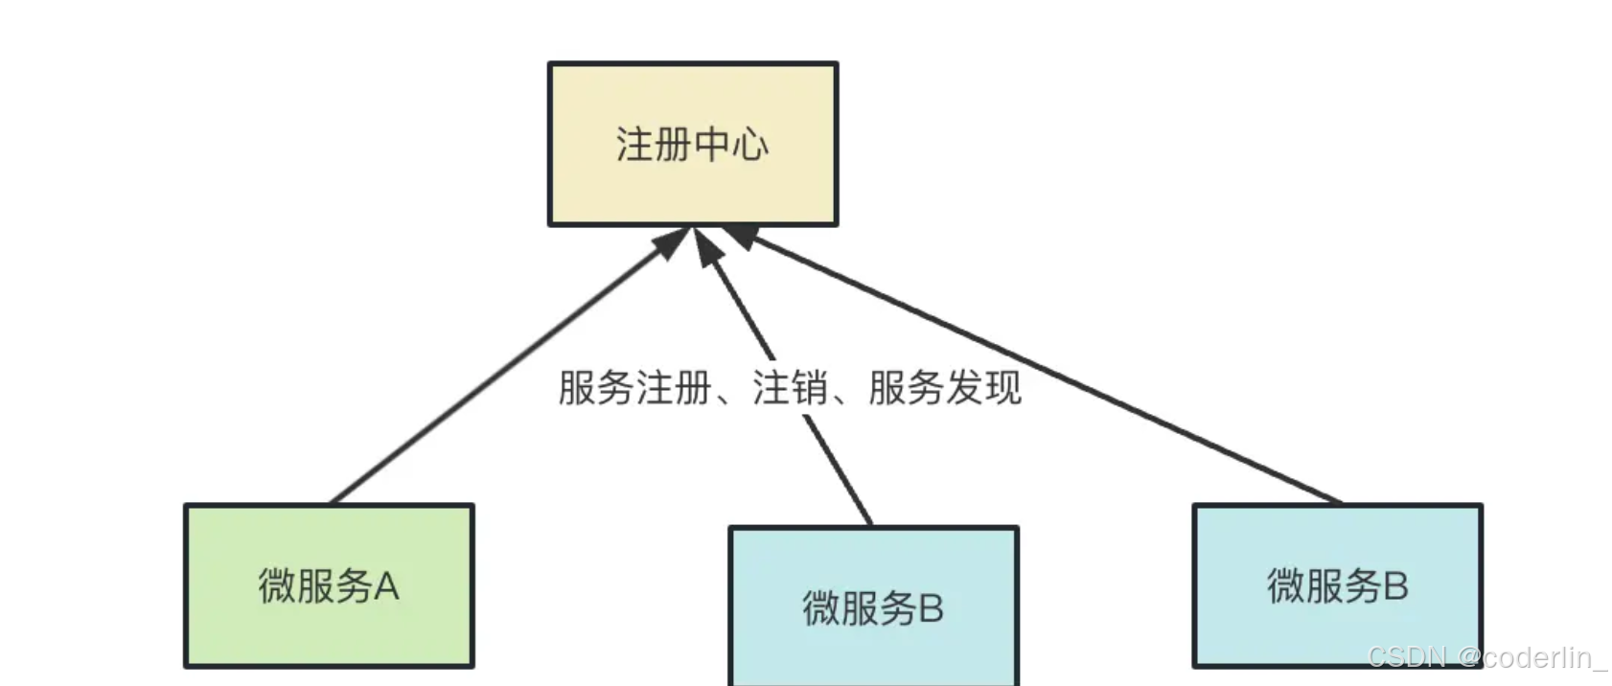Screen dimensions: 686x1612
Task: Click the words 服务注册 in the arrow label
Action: pos(634,388)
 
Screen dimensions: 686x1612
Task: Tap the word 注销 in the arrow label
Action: pos(790,388)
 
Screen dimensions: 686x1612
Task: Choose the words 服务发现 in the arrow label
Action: pos(945,388)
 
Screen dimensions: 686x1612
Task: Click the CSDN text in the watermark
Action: pos(1407,657)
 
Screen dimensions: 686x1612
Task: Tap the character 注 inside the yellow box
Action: pos(634,145)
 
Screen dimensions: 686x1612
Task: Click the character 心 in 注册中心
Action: pos(750,145)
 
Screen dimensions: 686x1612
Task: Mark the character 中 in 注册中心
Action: pos(712,145)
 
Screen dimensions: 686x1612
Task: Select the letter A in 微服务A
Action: pos(385,586)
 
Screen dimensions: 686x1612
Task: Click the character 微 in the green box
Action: pos(277,586)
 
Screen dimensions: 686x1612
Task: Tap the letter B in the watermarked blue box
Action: pos(1395,586)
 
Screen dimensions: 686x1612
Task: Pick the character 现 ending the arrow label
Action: pos(1002,388)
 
